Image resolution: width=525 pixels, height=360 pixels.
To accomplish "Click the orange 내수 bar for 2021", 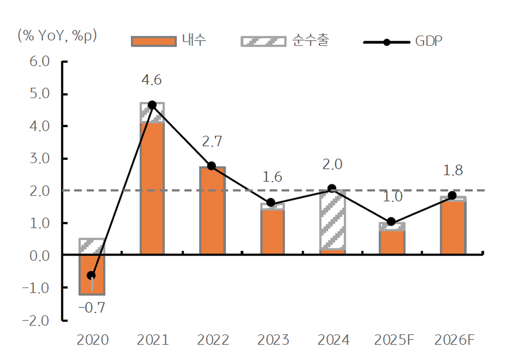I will [x=152, y=188].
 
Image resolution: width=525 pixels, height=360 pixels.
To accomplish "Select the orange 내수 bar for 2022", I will [x=212, y=210].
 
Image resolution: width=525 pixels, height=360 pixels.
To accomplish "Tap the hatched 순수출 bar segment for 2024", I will [x=332, y=220].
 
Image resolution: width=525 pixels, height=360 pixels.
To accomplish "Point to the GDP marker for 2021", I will [x=152, y=105].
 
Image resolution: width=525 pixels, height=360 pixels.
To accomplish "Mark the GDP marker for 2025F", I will [x=391, y=222].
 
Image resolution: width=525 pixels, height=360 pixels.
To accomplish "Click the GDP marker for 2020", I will [x=91, y=275].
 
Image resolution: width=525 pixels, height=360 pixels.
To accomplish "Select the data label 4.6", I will [x=152, y=80].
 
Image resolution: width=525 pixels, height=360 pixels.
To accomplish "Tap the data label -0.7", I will [x=92, y=308].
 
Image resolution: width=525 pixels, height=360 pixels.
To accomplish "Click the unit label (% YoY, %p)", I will [x=57, y=35].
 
